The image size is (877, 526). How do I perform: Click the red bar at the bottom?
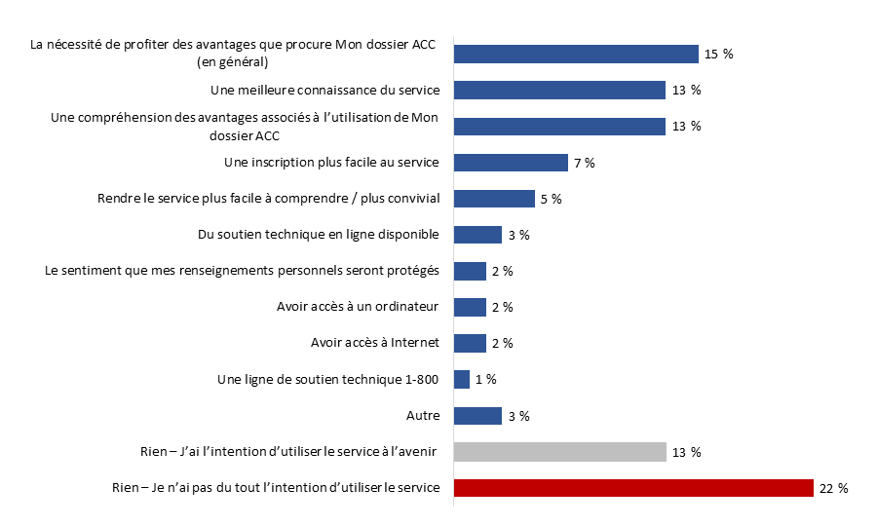click(x=633, y=488)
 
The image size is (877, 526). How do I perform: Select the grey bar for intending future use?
click(x=559, y=452)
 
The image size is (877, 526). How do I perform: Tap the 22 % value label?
click(x=833, y=489)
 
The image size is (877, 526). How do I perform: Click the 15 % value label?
click(x=718, y=55)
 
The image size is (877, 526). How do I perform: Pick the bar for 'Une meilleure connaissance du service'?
click(x=559, y=91)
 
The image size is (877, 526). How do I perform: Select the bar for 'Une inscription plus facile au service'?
click(x=511, y=163)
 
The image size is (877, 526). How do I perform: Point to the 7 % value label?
click(x=585, y=163)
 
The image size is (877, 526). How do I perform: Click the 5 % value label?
click(x=551, y=199)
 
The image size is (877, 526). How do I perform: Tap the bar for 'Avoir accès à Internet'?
click(x=470, y=343)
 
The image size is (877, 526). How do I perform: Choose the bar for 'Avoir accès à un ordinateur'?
click(x=470, y=307)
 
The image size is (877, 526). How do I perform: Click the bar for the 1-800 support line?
click(x=462, y=379)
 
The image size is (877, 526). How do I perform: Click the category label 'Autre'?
click(x=423, y=416)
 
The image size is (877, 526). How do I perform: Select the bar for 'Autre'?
click(x=477, y=416)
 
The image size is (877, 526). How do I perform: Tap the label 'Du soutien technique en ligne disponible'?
click(x=319, y=235)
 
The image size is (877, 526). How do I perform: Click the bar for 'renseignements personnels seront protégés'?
click(x=470, y=271)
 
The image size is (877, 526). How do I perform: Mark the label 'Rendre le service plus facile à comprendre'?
click(x=269, y=199)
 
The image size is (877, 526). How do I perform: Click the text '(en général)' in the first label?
click(x=233, y=62)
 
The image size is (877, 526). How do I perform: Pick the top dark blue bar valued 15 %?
click(x=576, y=55)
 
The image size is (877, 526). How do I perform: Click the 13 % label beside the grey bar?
click(x=686, y=453)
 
